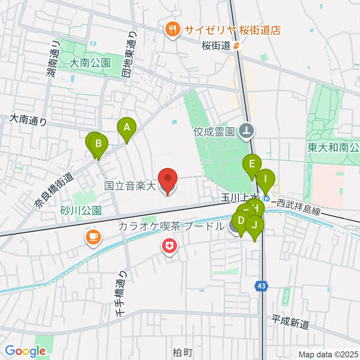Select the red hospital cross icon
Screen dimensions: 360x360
169,247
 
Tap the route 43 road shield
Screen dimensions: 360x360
261,286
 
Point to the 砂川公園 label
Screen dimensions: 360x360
81,210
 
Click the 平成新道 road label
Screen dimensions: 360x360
291,322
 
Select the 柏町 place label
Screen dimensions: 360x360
183,352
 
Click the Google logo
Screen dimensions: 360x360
25,351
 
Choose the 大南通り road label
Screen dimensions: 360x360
29,120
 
